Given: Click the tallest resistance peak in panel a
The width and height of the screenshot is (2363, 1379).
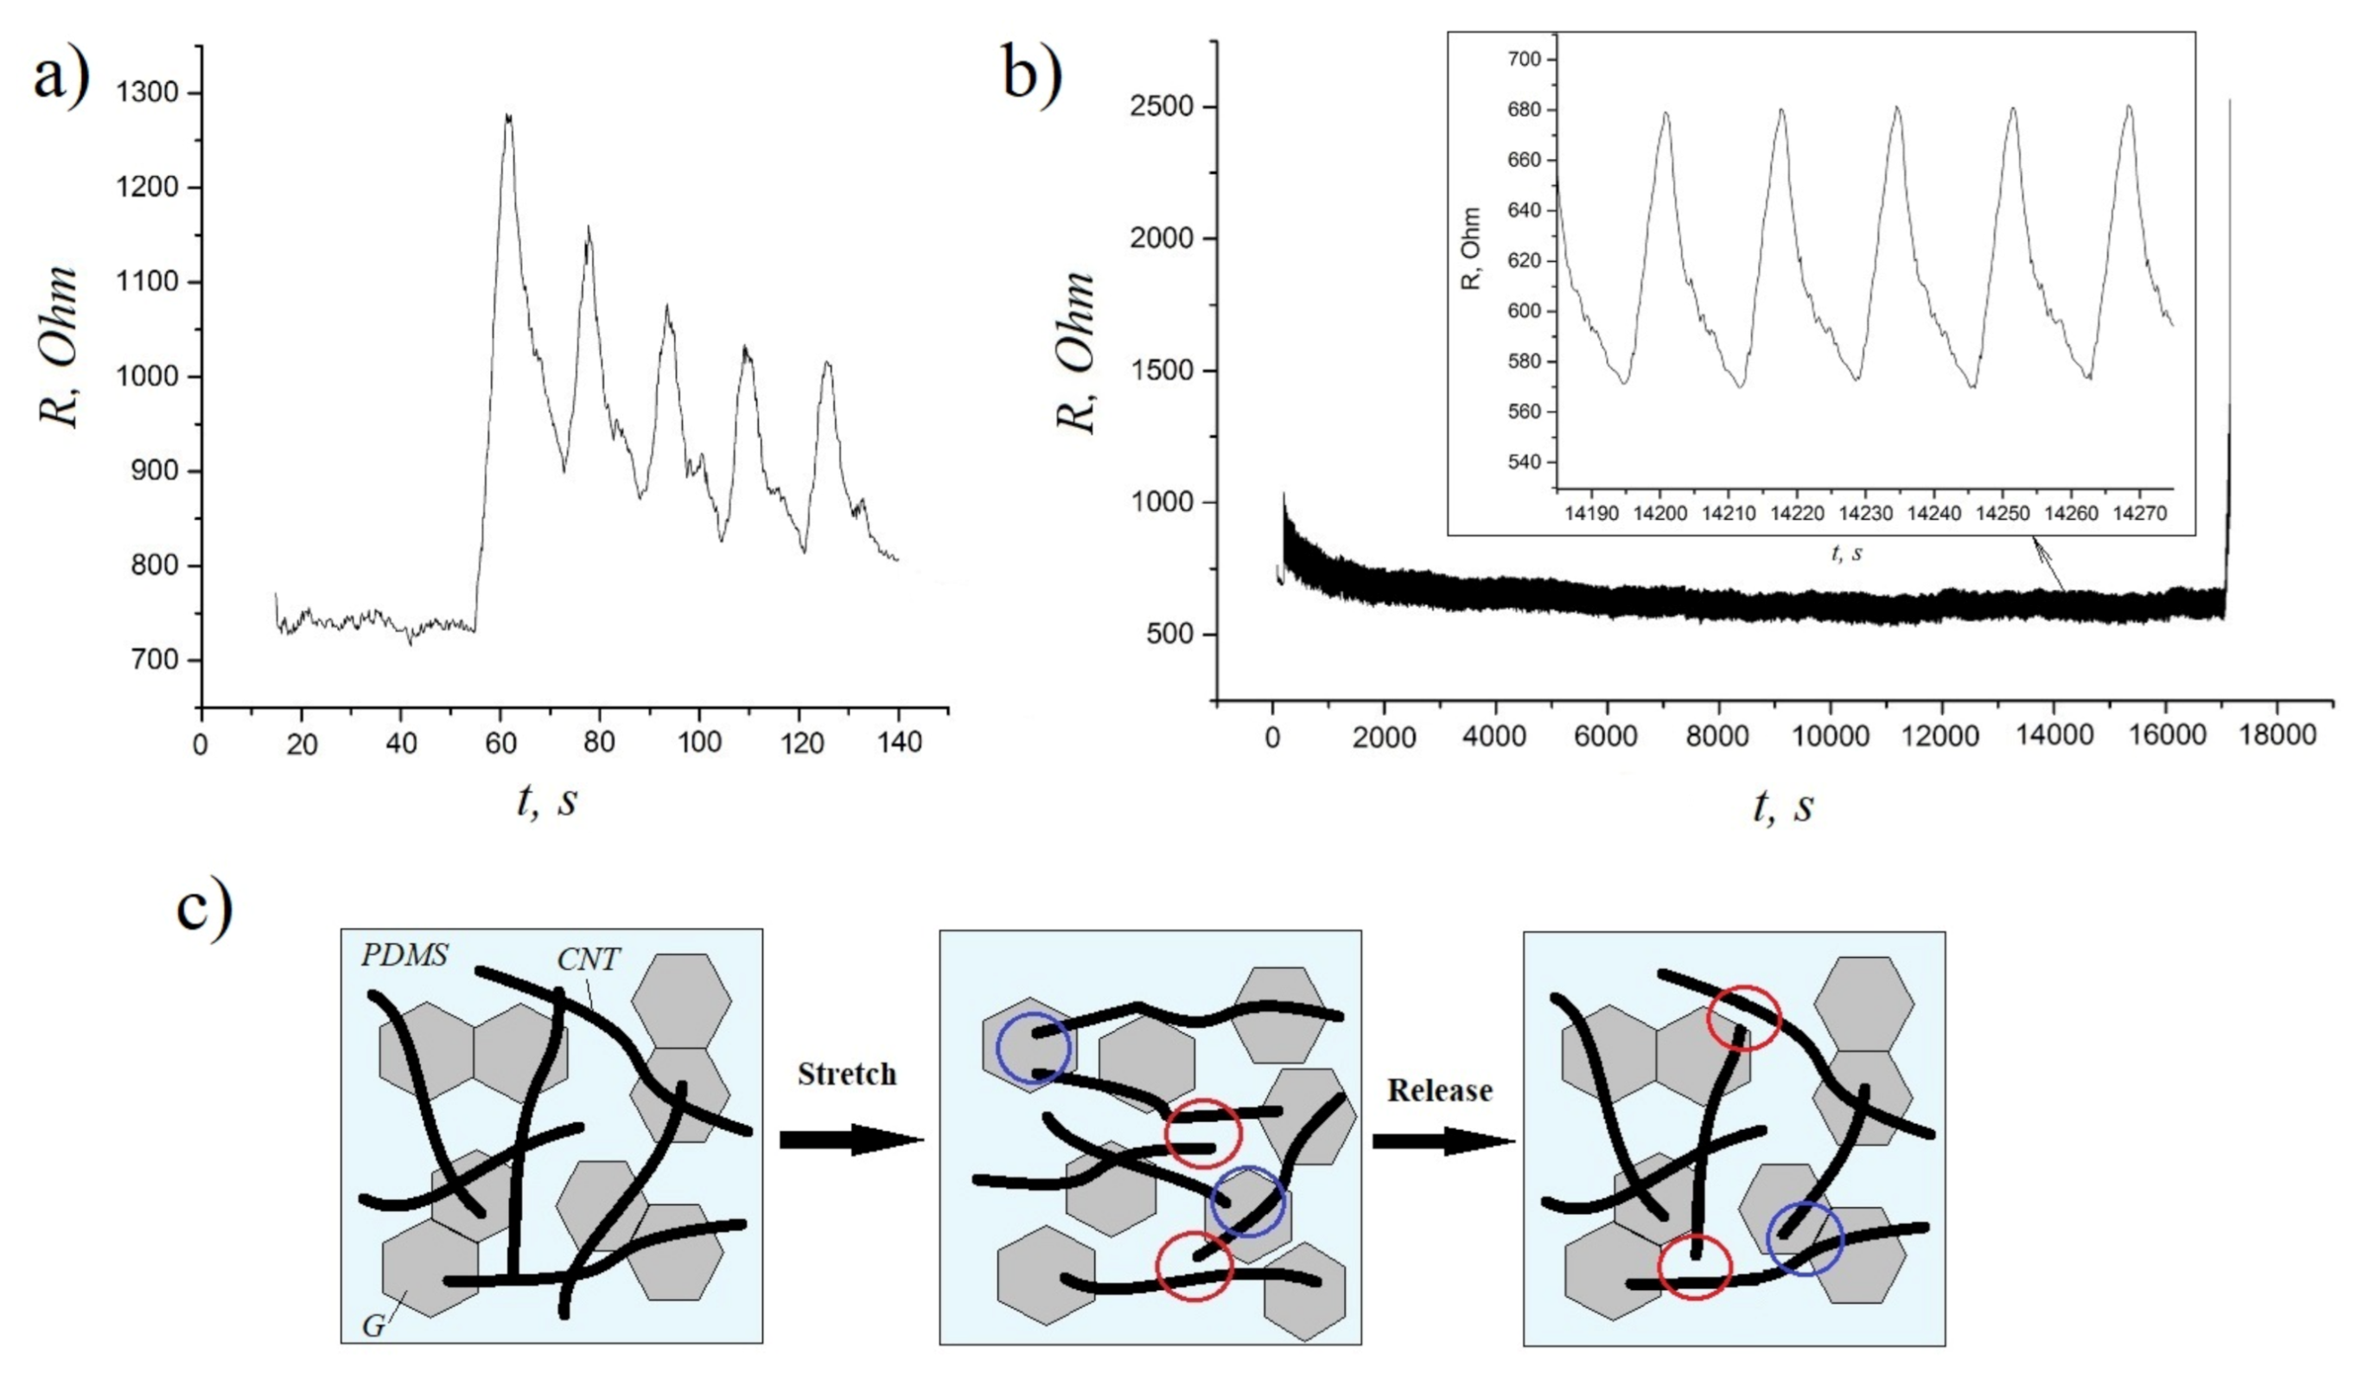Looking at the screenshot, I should pos(508,118).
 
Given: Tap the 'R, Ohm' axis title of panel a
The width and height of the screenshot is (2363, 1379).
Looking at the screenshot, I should pos(58,346).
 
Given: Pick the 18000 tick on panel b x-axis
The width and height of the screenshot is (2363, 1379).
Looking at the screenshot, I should pos(2277,736).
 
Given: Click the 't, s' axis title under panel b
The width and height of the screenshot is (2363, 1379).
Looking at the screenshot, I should pos(1781,806).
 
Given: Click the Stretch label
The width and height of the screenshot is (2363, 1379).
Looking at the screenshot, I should pos(847,1074).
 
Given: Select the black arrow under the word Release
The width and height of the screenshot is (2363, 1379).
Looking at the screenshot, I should pos(1443,1140).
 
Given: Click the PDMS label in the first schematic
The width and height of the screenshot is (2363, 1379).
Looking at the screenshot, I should pos(405,956).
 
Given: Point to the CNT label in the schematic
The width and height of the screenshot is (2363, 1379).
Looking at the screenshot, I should pos(588,960).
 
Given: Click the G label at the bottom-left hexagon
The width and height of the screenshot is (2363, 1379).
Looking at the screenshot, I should pos(373,1326).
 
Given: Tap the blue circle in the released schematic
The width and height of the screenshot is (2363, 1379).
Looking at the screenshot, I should pos(1804,1239).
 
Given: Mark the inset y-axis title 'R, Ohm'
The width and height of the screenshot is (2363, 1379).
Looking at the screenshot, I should pos(1471,249).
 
